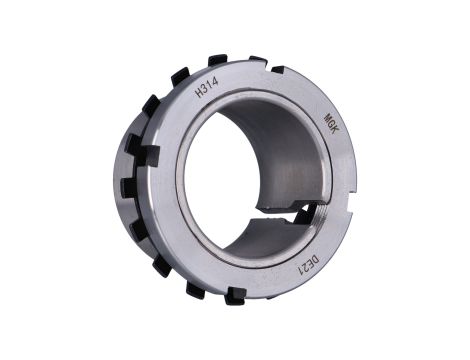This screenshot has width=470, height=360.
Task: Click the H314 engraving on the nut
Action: (207, 88)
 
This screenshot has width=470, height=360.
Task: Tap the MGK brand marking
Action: (331, 123)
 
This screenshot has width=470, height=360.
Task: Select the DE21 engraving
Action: (310, 265)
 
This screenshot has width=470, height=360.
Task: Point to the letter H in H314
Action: (200, 92)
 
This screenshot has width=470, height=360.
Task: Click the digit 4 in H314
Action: (215, 82)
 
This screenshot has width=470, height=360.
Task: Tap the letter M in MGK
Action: (328, 117)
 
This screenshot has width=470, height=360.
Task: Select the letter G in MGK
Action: (331, 124)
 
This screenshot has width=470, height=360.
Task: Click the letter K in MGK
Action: (334, 130)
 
